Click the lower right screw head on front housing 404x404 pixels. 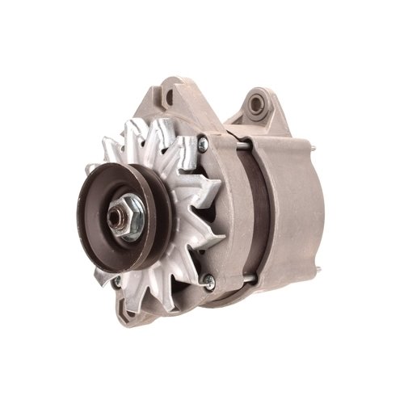coord(209,280)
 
